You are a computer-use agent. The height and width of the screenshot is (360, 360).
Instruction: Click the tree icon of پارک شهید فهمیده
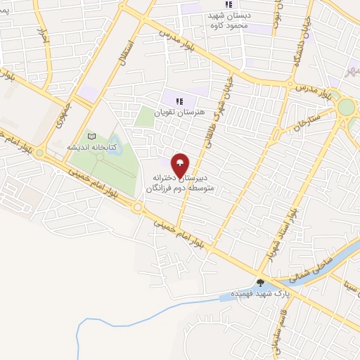[x=260, y=283]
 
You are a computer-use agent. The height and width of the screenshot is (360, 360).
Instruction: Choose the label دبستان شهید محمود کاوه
[x=234, y=20]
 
